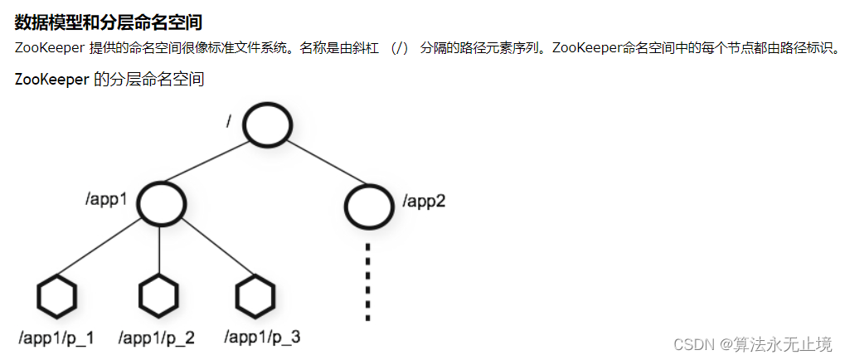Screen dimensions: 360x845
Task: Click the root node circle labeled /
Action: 268,125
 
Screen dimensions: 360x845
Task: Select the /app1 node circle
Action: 159,203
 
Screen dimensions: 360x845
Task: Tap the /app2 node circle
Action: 368,205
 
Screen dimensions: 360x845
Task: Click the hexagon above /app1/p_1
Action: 57,295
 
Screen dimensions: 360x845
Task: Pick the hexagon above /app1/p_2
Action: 158,295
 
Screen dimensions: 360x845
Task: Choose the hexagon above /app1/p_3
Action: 255,295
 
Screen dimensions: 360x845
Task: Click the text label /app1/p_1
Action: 56,338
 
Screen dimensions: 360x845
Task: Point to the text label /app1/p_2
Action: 157,338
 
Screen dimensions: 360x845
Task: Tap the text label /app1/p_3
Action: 262,338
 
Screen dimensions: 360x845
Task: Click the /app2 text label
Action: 425,201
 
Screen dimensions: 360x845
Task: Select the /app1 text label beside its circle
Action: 107,200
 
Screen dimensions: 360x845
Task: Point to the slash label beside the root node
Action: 229,122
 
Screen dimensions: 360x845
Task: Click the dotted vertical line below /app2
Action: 367,282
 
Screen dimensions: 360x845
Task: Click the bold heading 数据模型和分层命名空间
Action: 109,22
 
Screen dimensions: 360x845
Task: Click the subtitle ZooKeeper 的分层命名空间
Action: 109,80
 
